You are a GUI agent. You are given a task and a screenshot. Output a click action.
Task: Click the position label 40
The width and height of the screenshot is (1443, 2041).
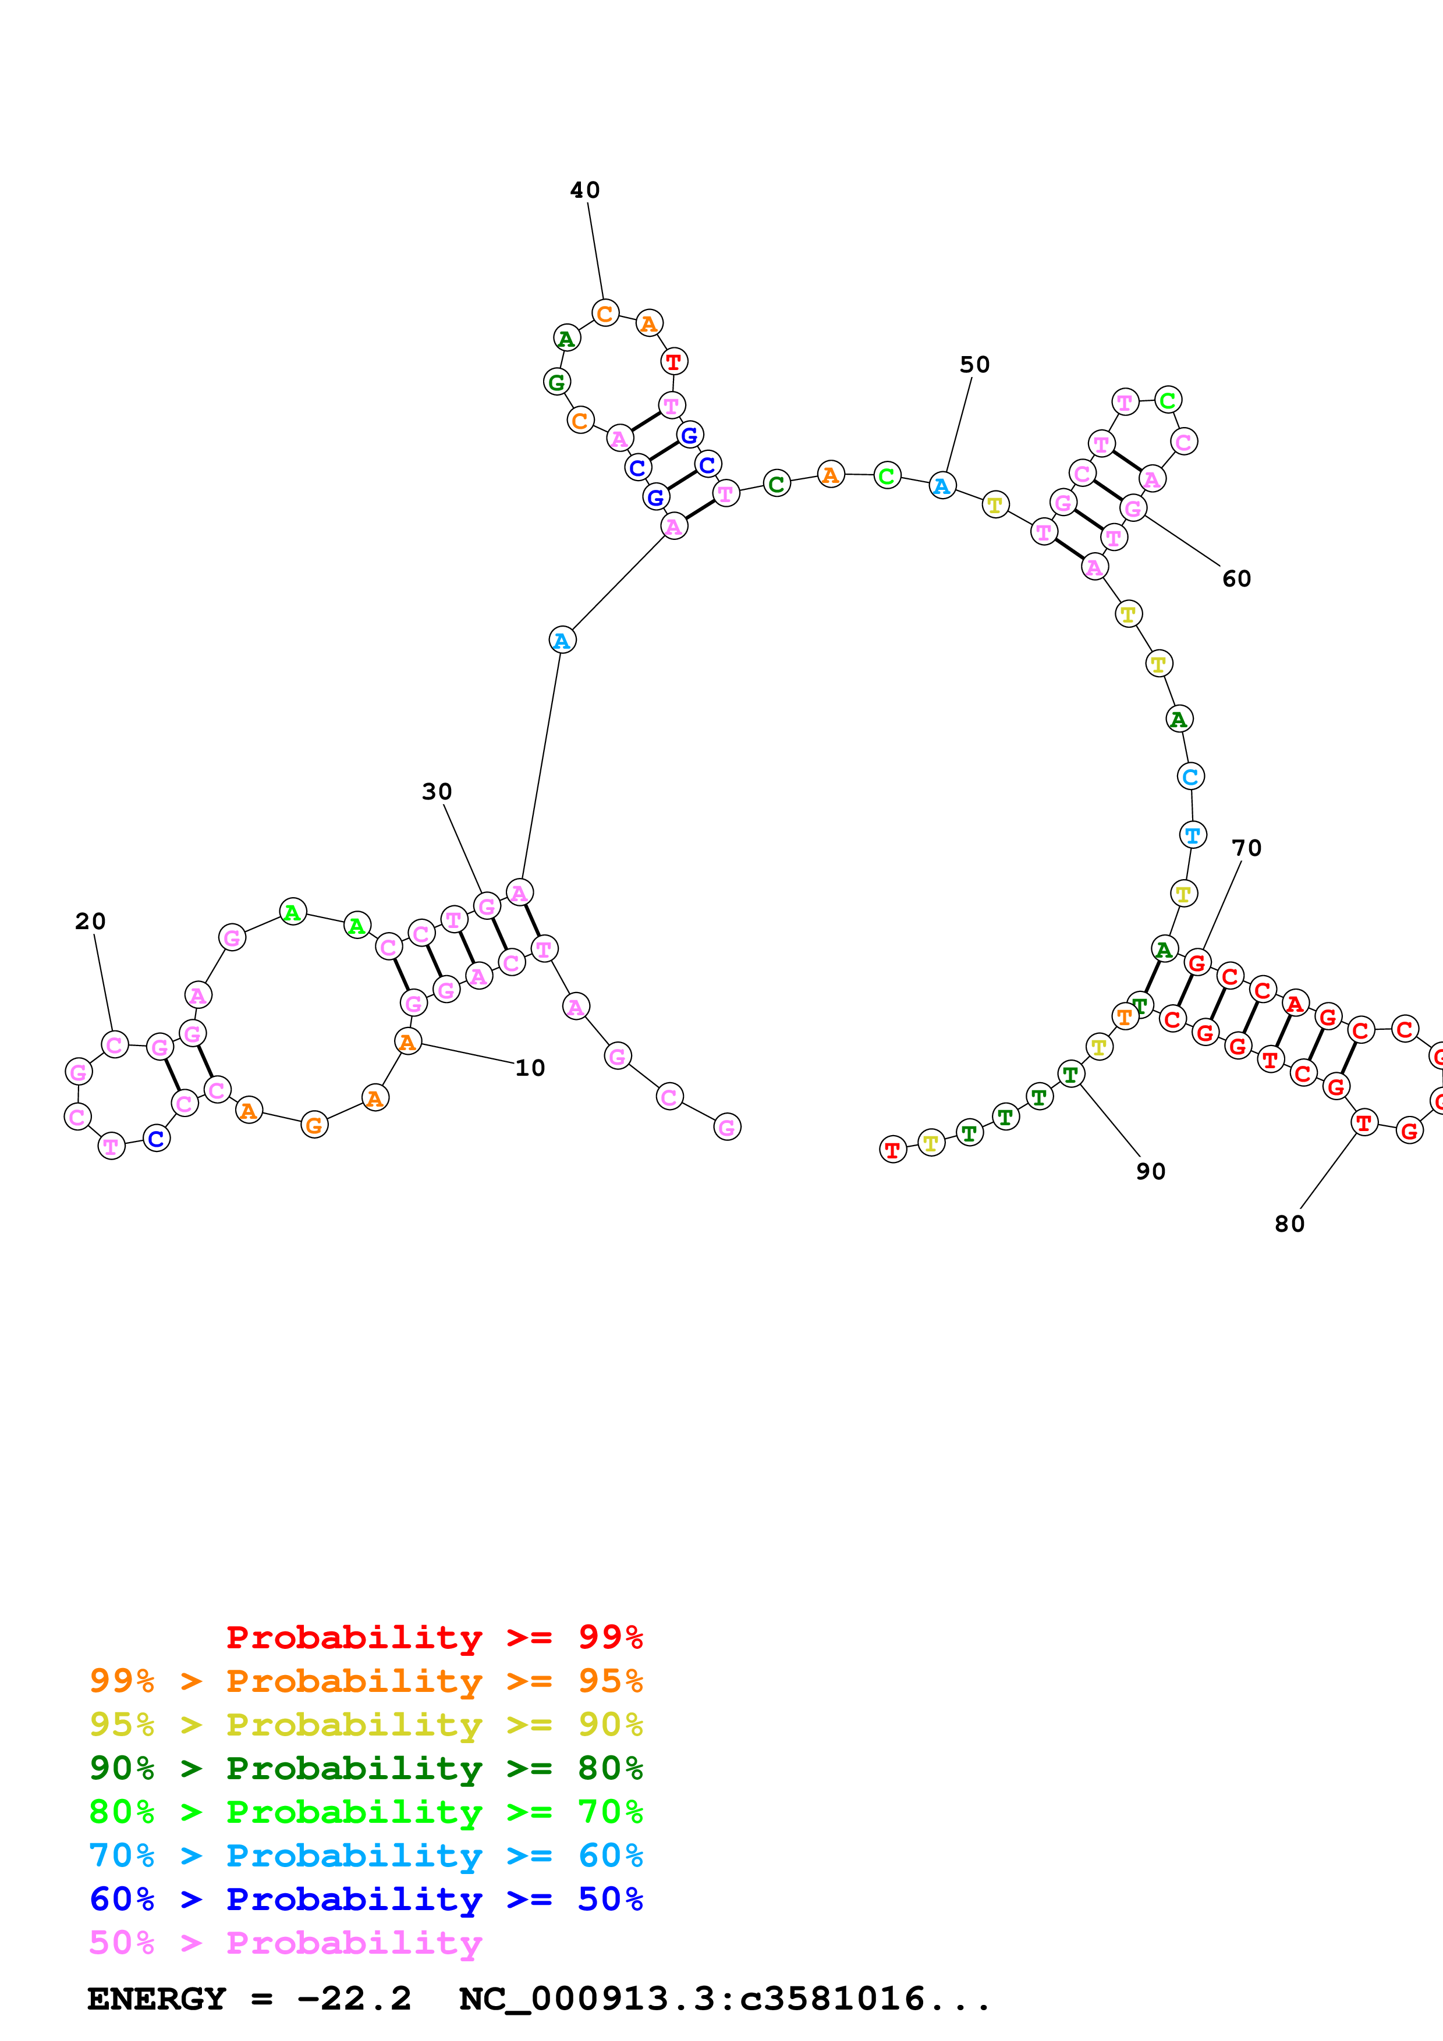point(585,190)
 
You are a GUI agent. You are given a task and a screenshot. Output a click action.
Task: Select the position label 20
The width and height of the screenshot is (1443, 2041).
point(90,921)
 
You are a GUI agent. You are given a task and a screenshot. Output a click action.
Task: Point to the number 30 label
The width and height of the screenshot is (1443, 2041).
point(437,791)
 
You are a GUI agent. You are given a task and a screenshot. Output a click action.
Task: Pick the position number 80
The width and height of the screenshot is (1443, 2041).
point(1289,1224)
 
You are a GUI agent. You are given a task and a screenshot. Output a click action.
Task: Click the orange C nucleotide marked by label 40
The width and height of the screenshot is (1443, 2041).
point(605,313)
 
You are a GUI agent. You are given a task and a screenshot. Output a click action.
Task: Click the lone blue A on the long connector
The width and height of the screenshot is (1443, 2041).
point(562,640)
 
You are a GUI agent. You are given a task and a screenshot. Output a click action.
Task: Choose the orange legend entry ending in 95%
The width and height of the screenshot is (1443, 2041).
point(366,1681)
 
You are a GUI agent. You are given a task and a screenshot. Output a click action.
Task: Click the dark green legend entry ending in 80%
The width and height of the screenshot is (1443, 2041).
point(366,1768)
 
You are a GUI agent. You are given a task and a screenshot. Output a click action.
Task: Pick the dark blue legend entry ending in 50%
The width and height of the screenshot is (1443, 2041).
point(366,1899)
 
